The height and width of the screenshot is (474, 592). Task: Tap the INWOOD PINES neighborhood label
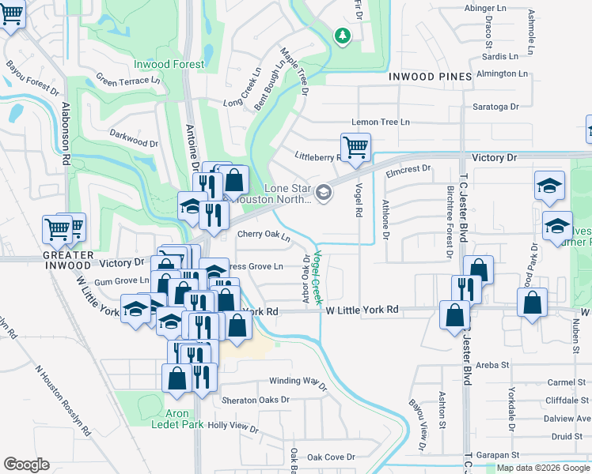pyautogui.click(x=431, y=77)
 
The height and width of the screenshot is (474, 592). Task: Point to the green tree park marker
pyautogui.click(x=342, y=36)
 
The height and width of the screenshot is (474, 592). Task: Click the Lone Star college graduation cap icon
pyautogui.click(x=323, y=192)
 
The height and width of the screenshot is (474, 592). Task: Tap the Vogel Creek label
pyautogui.click(x=316, y=277)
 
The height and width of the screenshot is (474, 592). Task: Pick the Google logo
pyautogui.click(x=26, y=465)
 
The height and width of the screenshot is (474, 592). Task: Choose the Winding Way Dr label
pyautogui.click(x=298, y=382)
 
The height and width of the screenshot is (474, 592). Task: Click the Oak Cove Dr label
pyautogui.click(x=331, y=457)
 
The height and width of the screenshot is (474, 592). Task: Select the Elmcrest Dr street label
pyautogui.click(x=408, y=168)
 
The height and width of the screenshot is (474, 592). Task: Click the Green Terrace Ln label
pyautogui.click(x=127, y=80)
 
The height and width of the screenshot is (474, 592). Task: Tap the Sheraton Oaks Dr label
pyautogui.click(x=256, y=400)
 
